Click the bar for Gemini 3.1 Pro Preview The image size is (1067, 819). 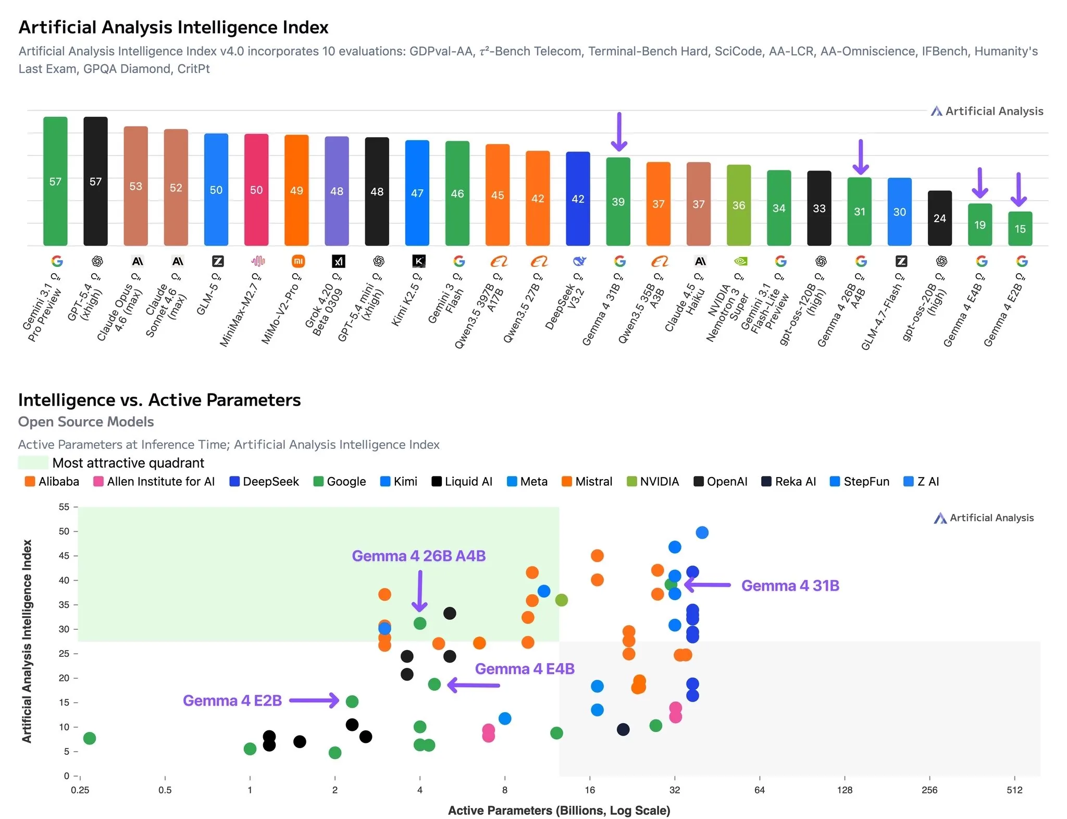click(x=55, y=181)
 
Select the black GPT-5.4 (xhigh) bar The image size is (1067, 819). click(x=95, y=181)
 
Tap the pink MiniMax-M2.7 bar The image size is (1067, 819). click(x=256, y=189)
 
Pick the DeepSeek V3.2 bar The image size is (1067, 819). click(x=578, y=198)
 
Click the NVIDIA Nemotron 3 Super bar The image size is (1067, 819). click(x=738, y=205)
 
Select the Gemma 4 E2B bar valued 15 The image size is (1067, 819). click(x=1020, y=228)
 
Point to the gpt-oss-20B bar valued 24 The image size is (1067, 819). click(x=939, y=218)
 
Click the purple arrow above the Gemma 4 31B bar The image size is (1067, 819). click(x=618, y=131)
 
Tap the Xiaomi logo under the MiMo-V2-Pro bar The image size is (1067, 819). click(x=298, y=261)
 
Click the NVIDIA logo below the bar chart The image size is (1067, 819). click(x=740, y=261)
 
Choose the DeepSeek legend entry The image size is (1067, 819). click(x=264, y=481)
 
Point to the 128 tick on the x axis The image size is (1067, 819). click(x=844, y=790)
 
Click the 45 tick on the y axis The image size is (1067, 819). click(x=64, y=556)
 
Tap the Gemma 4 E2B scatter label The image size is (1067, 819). click(x=232, y=700)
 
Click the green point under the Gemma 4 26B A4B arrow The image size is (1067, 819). click(x=420, y=623)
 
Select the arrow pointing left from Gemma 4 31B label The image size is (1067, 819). click(x=708, y=585)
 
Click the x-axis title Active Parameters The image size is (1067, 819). click(x=559, y=810)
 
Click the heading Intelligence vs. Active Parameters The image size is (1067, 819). click(x=159, y=400)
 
